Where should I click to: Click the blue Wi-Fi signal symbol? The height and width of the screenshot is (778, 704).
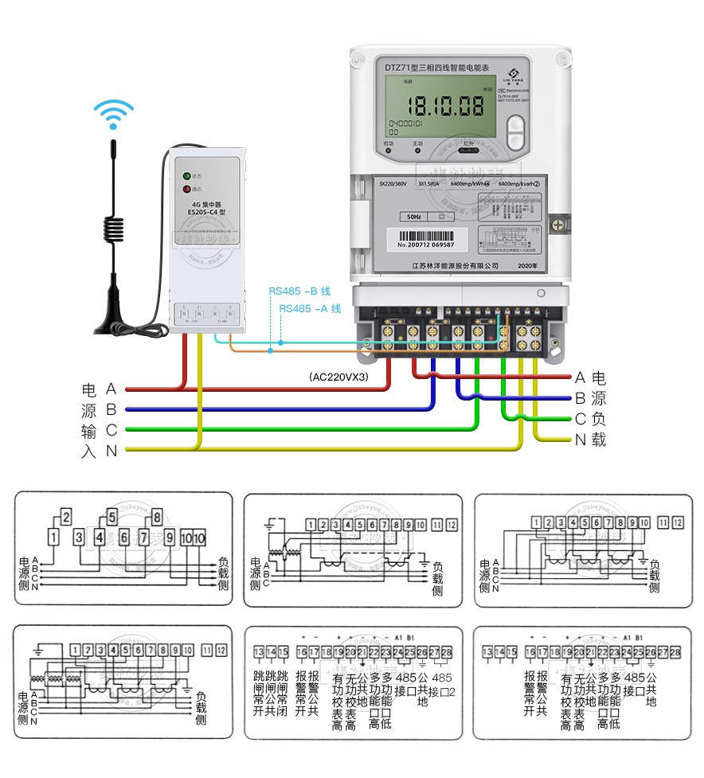pyautogui.click(x=114, y=113)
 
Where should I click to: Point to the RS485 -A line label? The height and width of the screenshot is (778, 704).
pyautogui.click(x=310, y=308)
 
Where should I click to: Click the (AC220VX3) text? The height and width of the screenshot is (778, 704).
pyautogui.click(x=339, y=377)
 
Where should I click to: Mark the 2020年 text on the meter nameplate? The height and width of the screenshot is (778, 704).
pyautogui.click(x=527, y=265)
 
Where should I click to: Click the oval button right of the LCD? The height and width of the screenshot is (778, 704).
pyautogui.click(x=516, y=133)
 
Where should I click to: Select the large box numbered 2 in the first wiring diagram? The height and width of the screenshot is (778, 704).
pyautogui.click(x=67, y=514)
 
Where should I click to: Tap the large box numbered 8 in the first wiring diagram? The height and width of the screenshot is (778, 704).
pyautogui.click(x=157, y=514)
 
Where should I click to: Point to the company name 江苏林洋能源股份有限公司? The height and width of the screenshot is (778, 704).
pyautogui.click(x=455, y=265)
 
